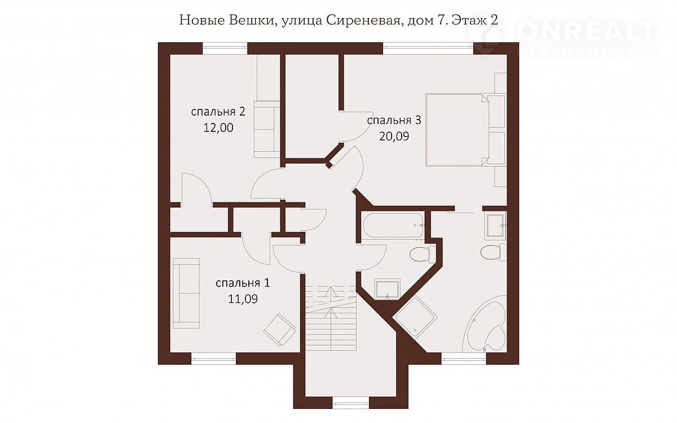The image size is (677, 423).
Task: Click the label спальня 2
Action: pos(218,112)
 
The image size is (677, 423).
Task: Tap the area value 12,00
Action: pos(218,128)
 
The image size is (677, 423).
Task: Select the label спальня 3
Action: pos(394,120)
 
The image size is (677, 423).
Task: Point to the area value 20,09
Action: pos(394,136)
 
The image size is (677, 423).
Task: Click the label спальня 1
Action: pos(243,283)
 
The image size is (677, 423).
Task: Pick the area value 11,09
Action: pos(243,299)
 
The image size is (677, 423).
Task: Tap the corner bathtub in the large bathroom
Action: pos(485,324)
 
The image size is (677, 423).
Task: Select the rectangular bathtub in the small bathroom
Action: pos(393,226)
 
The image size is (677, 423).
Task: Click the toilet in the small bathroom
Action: pos(423,254)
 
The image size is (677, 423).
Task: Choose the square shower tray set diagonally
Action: pos(415,316)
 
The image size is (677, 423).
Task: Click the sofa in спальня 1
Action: pos(186,293)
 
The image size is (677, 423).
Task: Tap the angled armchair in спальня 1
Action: pos(280,329)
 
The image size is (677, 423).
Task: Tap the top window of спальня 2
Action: pos(225,49)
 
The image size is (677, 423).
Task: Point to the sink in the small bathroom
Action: pos(387,289)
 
